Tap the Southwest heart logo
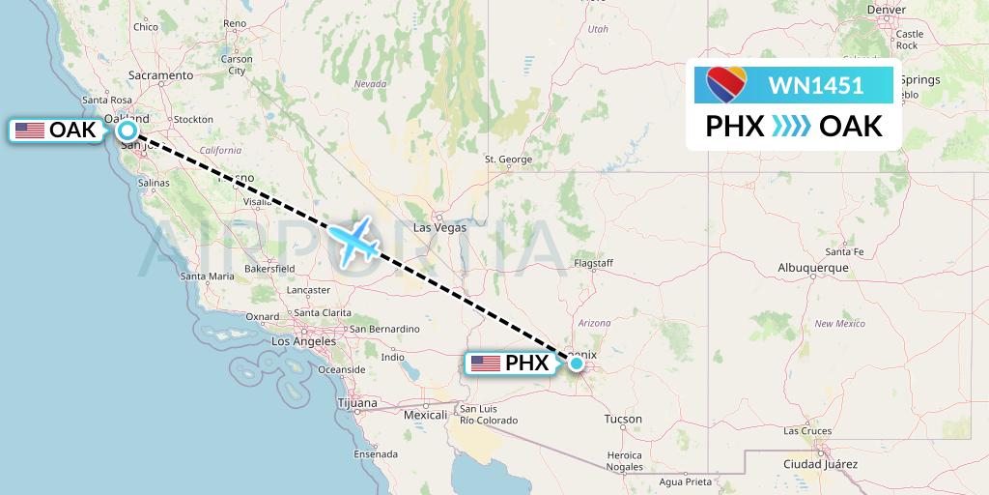tap(726, 86)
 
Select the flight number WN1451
tap(816, 86)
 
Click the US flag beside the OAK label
tap(30, 131)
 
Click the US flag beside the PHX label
tap(486, 364)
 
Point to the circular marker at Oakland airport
tap(127, 131)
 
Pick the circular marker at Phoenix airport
tap(576, 364)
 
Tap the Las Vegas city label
tap(439, 228)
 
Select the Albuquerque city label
tap(812, 268)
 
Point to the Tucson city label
tap(622, 419)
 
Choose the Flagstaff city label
tap(593, 263)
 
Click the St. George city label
tap(508, 159)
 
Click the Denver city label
tap(887, 10)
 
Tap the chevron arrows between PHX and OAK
tap(792, 126)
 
